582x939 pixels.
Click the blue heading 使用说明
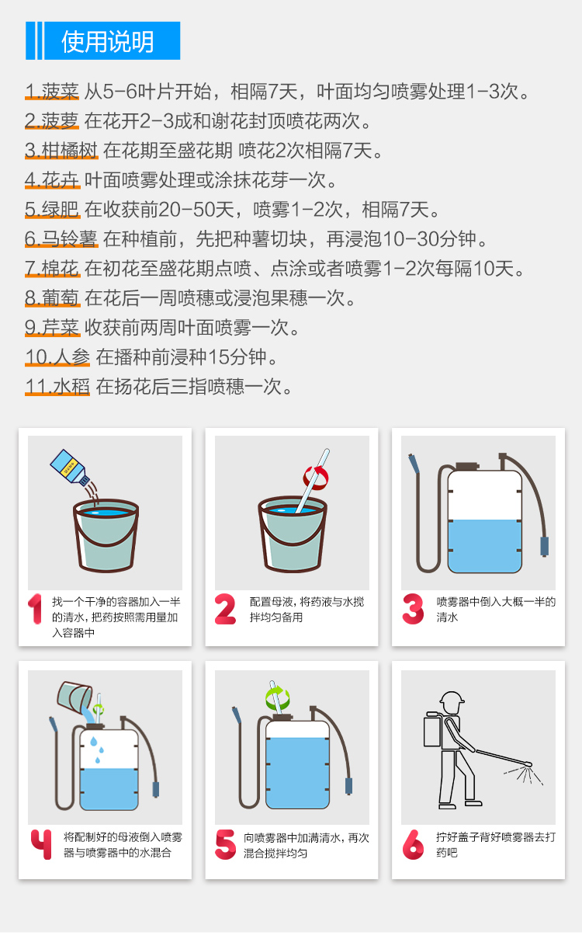108,41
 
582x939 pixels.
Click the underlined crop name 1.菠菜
52,92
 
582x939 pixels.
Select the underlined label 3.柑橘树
61,151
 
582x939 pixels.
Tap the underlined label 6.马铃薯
61,239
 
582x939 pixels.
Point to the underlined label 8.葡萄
52,298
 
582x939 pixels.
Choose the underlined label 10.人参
57,357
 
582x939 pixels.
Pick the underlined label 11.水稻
57,387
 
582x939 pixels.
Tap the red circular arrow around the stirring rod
316,478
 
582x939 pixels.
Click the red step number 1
35,609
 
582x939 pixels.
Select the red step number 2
225,609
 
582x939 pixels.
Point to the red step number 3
413,609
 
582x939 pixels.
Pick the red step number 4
41,844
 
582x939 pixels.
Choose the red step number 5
226,844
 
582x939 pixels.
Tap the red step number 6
413,844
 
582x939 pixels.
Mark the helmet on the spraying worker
452,697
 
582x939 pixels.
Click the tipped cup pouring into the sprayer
74,697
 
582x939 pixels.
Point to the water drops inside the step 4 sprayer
97,749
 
